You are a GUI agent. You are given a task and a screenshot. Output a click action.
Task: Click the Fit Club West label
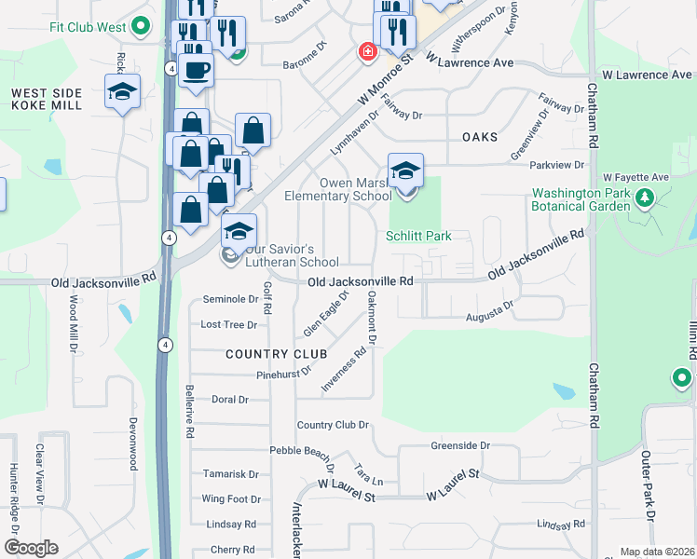(x=88, y=27)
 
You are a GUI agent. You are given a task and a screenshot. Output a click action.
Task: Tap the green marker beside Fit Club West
(x=142, y=26)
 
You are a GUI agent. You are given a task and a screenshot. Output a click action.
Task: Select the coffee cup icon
(x=195, y=70)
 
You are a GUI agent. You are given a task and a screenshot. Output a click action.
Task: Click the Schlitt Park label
(x=419, y=236)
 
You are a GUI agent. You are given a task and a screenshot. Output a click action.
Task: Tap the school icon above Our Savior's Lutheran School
(x=239, y=231)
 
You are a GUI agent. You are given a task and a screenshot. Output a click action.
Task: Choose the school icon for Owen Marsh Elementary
(x=405, y=170)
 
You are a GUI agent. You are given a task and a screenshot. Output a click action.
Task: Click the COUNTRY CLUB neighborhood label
(x=276, y=354)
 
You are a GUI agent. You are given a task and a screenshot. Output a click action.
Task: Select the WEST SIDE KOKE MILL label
(x=47, y=99)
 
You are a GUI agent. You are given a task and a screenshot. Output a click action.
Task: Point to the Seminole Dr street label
(x=230, y=299)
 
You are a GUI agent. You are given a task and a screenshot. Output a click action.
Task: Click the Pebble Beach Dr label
(x=300, y=452)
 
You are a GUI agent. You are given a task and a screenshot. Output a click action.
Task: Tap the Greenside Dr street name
(x=460, y=445)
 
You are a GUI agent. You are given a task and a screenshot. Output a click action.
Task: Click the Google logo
(x=31, y=548)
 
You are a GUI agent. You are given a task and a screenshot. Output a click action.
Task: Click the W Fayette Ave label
(x=636, y=177)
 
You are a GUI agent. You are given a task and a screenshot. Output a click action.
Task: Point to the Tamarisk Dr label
(x=230, y=474)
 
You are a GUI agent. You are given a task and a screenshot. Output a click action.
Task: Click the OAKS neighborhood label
(x=480, y=136)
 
